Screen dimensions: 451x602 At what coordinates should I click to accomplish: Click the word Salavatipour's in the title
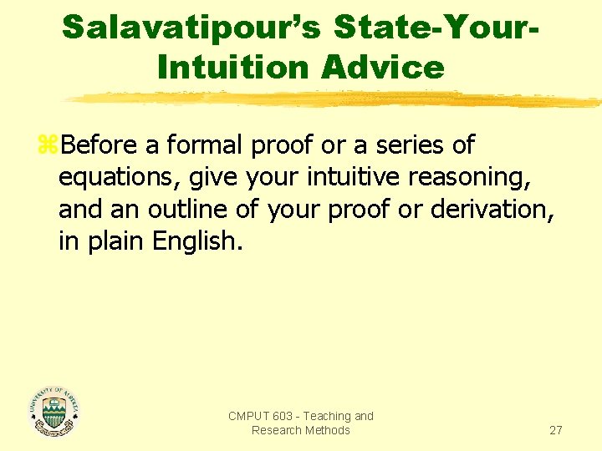[x=191, y=28]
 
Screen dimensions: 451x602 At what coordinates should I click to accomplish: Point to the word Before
[x=100, y=145]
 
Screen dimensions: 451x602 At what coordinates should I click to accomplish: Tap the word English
[x=196, y=241]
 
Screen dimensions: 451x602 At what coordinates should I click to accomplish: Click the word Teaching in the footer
[x=328, y=416]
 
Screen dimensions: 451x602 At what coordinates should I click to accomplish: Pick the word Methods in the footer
[x=328, y=430]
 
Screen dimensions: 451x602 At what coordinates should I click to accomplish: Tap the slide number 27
[x=555, y=430]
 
